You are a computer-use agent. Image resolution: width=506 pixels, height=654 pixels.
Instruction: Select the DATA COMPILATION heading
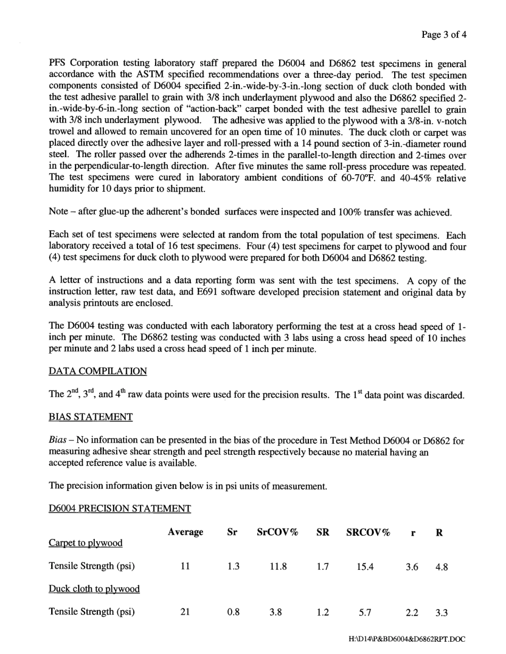click(97, 371)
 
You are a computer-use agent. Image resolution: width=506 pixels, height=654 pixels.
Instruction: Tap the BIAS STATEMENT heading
click(91, 417)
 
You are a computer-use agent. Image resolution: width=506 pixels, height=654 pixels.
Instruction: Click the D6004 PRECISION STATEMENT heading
click(119, 509)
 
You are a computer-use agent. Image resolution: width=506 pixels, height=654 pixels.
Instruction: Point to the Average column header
click(185, 532)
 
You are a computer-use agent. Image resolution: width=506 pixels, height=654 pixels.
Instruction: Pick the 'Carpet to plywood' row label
click(85, 543)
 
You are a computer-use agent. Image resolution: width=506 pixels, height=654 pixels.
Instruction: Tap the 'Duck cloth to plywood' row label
click(94, 588)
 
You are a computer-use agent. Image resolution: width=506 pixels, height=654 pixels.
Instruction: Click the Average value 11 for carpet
click(185, 567)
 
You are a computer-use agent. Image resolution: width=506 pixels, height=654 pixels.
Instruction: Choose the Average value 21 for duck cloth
click(185, 612)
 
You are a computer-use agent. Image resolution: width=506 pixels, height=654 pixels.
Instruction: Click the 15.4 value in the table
click(365, 567)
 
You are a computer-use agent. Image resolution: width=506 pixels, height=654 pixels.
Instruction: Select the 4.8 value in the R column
click(441, 567)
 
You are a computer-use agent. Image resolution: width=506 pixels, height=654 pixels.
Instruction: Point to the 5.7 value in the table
click(365, 613)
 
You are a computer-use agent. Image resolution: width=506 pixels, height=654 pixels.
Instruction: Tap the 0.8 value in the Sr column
click(233, 612)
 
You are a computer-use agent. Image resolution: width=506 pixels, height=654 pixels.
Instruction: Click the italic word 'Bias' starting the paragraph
click(57, 440)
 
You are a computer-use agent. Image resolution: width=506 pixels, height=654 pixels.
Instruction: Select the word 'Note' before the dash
click(58, 212)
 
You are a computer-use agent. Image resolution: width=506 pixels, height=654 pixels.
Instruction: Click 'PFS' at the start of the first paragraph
click(58, 63)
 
